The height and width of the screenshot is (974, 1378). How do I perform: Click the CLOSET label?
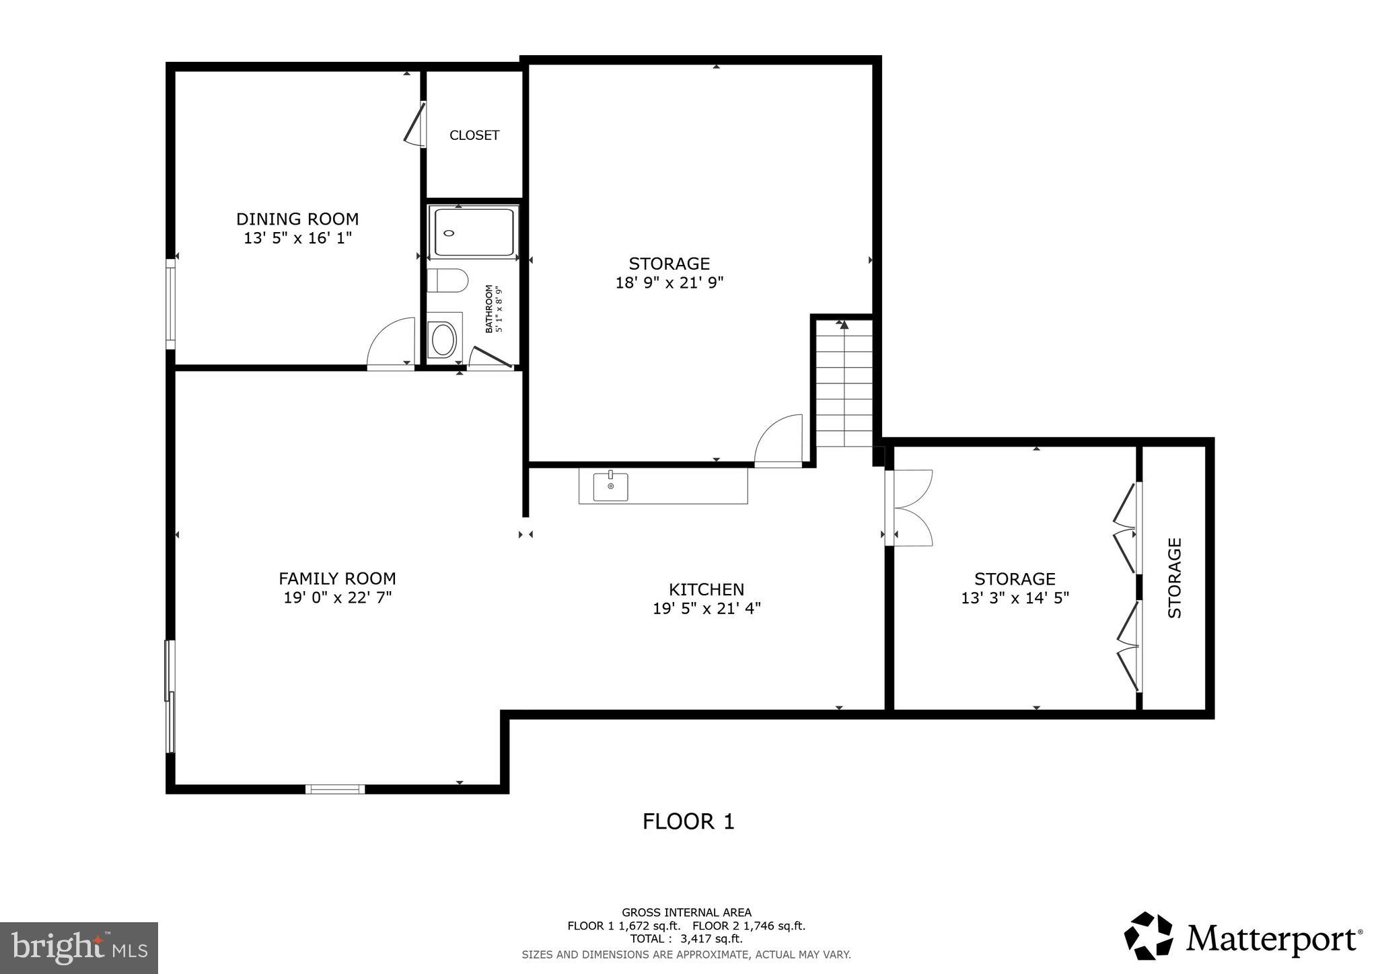click(474, 135)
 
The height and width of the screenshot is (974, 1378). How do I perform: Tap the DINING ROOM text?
click(297, 219)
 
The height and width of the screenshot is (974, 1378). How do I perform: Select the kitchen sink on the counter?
click(610, 486)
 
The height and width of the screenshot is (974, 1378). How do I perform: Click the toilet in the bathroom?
click(447, 280)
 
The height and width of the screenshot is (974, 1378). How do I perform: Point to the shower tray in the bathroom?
click(474, 232)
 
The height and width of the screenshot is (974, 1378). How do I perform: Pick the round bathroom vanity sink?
click(443, 340)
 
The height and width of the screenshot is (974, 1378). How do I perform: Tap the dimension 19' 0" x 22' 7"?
click(337, 597)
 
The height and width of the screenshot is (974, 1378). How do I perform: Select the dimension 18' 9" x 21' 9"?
click(669, 283)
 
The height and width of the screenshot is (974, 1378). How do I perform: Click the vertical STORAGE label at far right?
click(1174, 577)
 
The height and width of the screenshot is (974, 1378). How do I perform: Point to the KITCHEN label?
click(706, 589)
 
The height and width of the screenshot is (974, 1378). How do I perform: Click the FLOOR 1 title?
click(688, 821)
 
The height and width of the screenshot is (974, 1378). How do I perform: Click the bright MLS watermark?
click(79, 948)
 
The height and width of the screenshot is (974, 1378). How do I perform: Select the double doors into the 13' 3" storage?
click(910, 507)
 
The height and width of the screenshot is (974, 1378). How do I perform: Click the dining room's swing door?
click(392, 344)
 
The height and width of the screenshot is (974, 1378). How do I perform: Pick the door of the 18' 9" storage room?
click(779, 440)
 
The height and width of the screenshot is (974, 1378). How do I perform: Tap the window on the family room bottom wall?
click(335, 789)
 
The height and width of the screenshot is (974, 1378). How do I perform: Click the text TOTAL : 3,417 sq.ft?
click(686, 939)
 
